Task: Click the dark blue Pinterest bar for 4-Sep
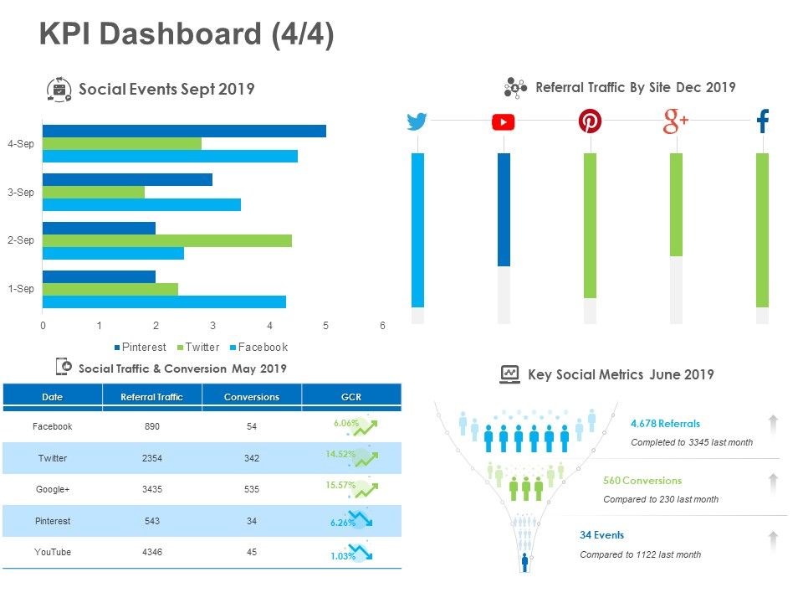point(184,131)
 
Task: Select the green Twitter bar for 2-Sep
point(167,241)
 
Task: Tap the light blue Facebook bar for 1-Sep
point(164,301)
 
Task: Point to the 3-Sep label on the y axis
point(21,193)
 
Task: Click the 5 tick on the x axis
point(326,326)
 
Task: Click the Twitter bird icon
point(417,122)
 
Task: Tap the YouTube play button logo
point(504,122)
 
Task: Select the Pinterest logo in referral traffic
point(590,122)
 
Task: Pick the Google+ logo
point(675,122)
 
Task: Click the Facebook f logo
point(762,122)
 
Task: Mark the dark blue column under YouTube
point(504,209)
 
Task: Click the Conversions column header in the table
point(252,397)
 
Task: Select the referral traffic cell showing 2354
point(152,458)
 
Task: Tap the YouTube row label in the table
point(52,552)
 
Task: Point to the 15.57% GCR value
point(340,485)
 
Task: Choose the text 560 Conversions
point(642,481)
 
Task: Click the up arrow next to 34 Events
point(774,539)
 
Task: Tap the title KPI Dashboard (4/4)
point(187,35)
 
